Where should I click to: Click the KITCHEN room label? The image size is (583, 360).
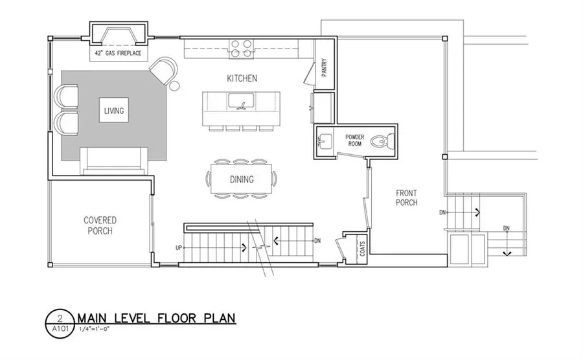pyautogui.click(x=242, y=78)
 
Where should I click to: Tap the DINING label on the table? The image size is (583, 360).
pyautogui.click(x=241, y=179)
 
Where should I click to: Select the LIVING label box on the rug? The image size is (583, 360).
pyautogui.click(x=113, y=110)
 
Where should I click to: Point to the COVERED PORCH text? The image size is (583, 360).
pyautogui.click(x=99, y=225)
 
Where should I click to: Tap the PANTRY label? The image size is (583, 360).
pyautogui.click(x=324, y=69)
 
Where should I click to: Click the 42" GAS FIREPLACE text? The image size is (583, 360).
pyautogui.click(x=117, y=52)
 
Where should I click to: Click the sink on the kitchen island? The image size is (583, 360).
pyautogui.click(x=242, y=102)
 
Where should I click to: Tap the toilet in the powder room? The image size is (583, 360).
pyautogui.click(x=385, y=141)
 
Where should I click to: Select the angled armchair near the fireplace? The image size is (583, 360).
pyautogui.click(x=164, y=70)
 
